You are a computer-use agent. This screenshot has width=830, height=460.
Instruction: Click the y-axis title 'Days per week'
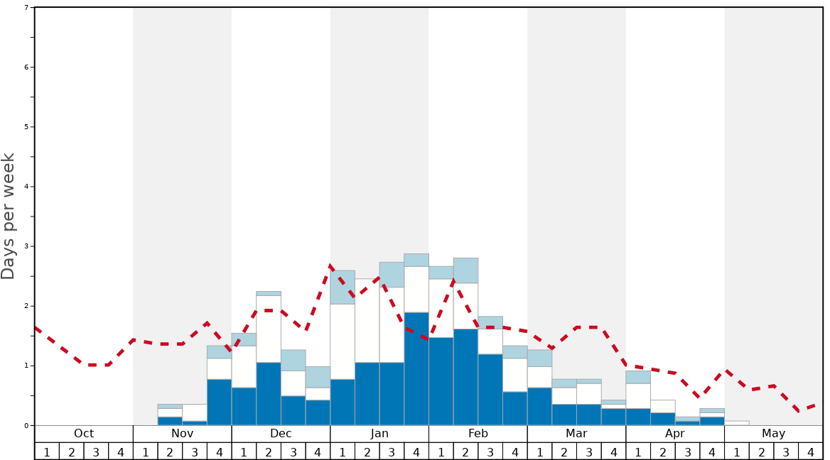pyautogui.click(x=9, y=217)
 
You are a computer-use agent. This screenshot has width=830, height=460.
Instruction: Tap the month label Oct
pyautogui.click(x=84, y=434)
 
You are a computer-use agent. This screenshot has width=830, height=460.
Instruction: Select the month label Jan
pyautogui.click(x=379, y=434)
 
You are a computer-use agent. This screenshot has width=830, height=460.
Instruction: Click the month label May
pyautogui.click(x=774, y=434)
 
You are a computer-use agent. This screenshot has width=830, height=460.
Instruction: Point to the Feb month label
pyautogui.click(x=478, y=434)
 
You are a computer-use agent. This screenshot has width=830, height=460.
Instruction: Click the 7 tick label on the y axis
pyautogui.click(x=26, y=8)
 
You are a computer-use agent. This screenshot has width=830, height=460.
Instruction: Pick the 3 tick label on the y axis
pyautogui.click(x=26, y=246)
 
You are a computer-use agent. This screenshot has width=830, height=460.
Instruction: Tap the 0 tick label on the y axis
pyautogui.click(x=26, y=426)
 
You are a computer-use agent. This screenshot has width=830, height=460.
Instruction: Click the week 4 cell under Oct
pyautogui.click(x=121, y=451)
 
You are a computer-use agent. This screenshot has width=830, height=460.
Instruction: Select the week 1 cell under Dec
pyautogui.click(x=244, y=451)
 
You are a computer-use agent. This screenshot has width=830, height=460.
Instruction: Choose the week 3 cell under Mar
pyautogui.click(x=589, y=451)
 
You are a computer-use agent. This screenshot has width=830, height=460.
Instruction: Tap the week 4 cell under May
pyautogui.click(x=811, y=451)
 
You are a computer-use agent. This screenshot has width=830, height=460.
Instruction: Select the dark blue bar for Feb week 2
pyautogui.click(x=465, y=377)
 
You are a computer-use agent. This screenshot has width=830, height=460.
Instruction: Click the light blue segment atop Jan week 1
pyautogui.click(x=343, y=287)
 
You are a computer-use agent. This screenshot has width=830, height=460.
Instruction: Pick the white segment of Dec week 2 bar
pyautogui.click(x=269, y=329)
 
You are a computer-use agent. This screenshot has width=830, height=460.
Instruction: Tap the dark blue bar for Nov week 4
pyautogui.click(x=219, y=402)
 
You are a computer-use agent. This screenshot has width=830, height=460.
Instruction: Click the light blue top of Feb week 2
pyautogui.click(x=465, y=270)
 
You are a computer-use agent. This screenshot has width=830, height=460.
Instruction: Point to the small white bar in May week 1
pyautogui.click(x=737, y=423)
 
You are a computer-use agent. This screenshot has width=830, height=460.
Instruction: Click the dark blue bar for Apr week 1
pyautogui.click(x=638, y=417)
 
